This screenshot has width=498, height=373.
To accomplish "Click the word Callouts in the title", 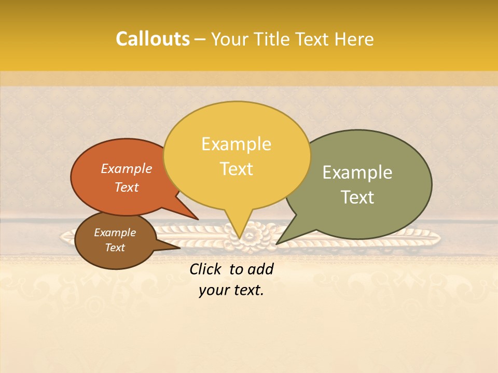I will click(x=153, y=39).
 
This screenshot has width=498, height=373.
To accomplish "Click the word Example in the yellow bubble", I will click(x=236, y=144).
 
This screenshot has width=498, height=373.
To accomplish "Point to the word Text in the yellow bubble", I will click(x=236, y=169).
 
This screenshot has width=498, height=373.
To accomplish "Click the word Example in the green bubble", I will click(x=357, y=173).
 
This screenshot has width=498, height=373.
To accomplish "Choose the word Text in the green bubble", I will click(x=357, y=197).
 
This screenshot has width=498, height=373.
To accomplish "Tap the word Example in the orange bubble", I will click(x=127, y=169).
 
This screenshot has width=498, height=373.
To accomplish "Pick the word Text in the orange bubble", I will click(x=127, y=187).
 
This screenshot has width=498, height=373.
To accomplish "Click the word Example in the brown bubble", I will click(x=115, y=233).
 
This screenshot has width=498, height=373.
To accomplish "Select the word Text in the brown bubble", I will click(x=115, y=248).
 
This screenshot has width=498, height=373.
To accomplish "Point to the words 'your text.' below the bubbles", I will click(x=231, y=290).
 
